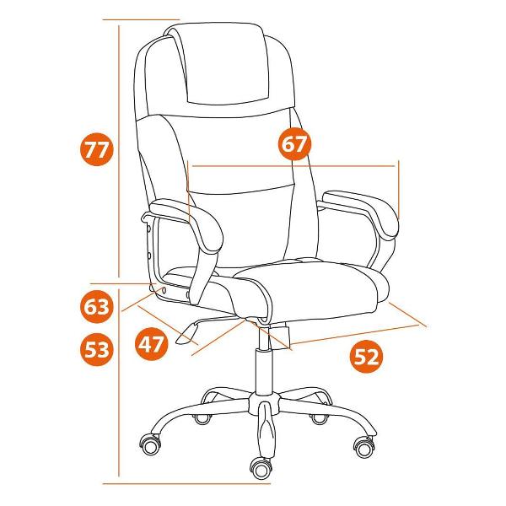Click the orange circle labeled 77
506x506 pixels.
click(x=97, y=148)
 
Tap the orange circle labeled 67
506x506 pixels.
click(x=294, y=143)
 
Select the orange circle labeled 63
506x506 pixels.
click(x=96, y=307)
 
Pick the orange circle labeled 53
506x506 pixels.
click(x=96, y=349)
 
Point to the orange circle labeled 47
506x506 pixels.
click(x=151, y=344)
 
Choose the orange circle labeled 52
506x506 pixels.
click(x=366, y=356)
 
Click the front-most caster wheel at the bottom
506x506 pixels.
click(x=261, y=469)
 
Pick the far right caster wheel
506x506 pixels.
click(x=365, y=447)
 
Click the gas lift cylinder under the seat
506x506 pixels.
click(x=264, y=371)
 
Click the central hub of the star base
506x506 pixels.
click(x=264, y=403)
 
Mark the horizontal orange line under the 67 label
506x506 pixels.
click(x=293, y=166)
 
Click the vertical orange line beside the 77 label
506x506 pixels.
click(x=119, y=151)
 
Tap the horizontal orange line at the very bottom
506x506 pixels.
click(x=186, y=484)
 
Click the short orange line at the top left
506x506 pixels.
click(x=141, y=19)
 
